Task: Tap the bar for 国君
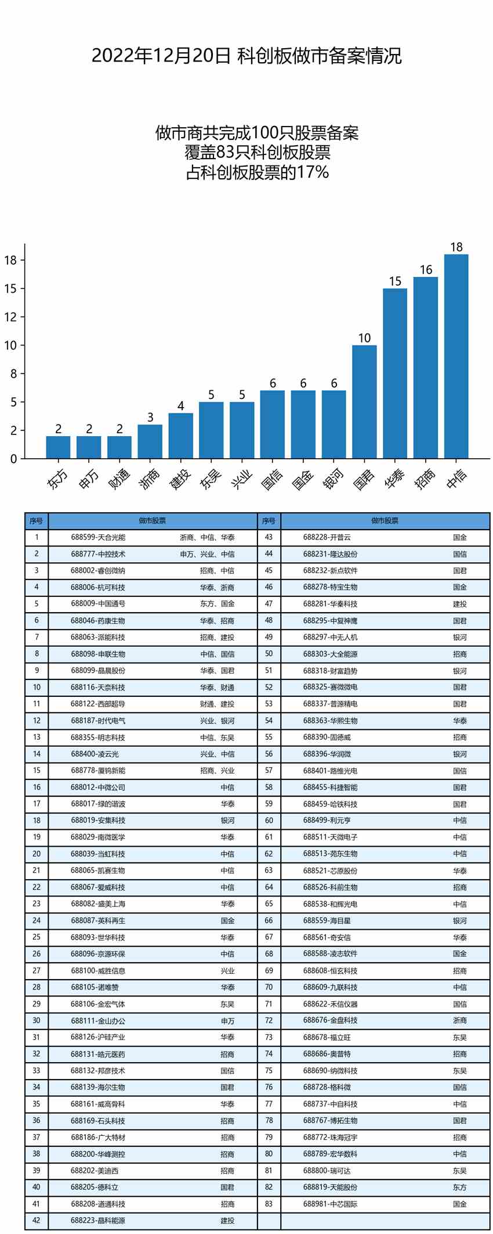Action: pos(364,402)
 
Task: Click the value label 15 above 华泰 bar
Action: pos(395,282)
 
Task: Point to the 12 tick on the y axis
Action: pos(11,317)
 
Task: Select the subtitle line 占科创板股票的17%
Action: pos(258,172)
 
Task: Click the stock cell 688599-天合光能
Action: pos(98,538)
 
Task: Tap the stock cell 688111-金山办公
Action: pos(98,1020)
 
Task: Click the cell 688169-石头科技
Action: pos(98,1121)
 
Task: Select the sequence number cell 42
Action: pos(37,1220)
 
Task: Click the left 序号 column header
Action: pos(37,521)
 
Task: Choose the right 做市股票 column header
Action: pos(385,521)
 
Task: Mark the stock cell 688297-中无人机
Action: pos(330,637)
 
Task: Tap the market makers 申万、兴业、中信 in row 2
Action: pos(207,554)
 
